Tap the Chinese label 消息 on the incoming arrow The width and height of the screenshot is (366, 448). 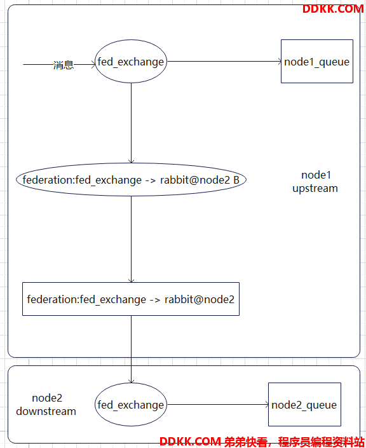coord(64,65)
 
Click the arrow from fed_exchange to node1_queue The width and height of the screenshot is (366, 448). coord(224,61)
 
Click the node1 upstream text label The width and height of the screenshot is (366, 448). coord(315,182)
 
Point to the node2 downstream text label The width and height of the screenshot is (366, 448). coord(46,405)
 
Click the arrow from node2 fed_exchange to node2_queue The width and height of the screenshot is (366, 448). coord(218,405)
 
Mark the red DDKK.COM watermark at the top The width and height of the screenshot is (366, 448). coord(333,9)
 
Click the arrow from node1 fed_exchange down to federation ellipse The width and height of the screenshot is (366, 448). coord(131,123)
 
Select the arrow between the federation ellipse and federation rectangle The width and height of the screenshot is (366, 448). coord(131,240)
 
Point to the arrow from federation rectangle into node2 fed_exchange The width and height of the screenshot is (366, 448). coord(131,350)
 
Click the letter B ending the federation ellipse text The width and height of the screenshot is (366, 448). coord(236,180)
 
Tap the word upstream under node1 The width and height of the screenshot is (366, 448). coord(315,189)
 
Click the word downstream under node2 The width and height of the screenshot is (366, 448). coord(46,411)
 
